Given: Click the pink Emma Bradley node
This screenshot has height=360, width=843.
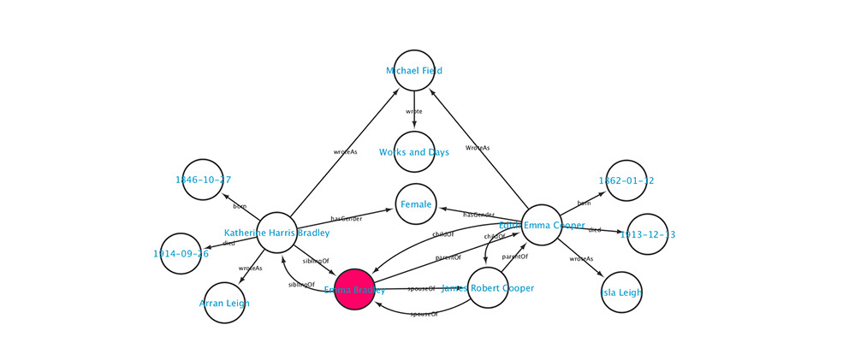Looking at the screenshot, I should click(x=354, y=289).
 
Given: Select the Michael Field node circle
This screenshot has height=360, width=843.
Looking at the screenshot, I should click(x=414, y=70).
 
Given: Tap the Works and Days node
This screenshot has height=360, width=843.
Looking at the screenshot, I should click(x=414, y=151).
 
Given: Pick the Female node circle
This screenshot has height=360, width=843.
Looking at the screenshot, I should click(x=416, y=204).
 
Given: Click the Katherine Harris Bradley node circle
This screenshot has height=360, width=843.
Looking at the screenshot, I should click(x=276, y=233).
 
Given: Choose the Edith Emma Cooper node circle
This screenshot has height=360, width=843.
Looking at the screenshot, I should click(x=542, y=225).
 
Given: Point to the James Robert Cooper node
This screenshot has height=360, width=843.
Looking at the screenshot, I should click(x=488, y=288).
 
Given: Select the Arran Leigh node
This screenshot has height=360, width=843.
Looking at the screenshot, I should click(x=224, y=303).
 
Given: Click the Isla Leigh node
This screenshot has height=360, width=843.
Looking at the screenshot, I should click(x=621, y=292).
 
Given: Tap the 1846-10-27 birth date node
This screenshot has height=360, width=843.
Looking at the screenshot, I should click(x=203, y=180).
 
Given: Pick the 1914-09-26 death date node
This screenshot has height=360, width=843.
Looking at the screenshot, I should click(x=181, y=253).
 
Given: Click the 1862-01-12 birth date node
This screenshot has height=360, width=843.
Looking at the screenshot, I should click(x=626, y=180).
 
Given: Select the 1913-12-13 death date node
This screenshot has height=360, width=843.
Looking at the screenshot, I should click(x=647, y=234).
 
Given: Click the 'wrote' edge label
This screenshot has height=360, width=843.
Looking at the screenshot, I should click(x=414, y=111).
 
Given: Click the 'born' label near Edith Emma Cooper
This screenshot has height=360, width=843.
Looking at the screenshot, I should click(x=584, y=204).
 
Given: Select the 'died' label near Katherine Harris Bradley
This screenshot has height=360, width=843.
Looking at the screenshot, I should click(x=229, y=243).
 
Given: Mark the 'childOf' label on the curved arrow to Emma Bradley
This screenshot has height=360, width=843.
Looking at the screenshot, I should click(x=442, y=234).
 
